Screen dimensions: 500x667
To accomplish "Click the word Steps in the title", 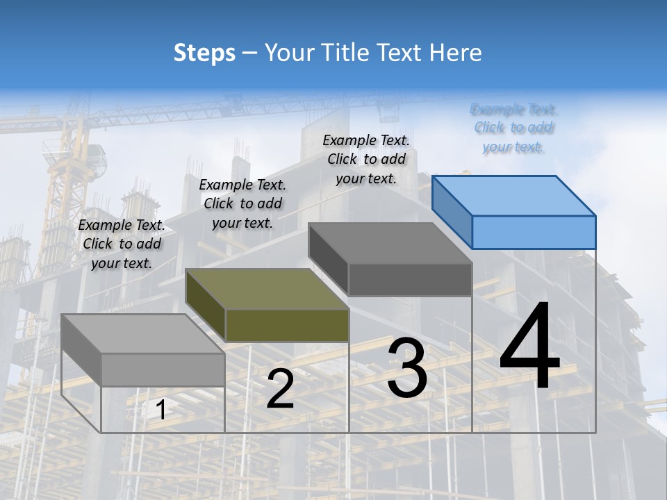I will pos(204,53).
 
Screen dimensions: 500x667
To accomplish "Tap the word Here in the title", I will pos(455,53).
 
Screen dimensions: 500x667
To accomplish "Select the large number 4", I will pos(529,349).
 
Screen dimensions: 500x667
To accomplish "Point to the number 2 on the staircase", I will pos(280,389).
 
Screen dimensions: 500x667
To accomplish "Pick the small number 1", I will pos(160,410).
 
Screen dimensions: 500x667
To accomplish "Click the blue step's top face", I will pos(514,196).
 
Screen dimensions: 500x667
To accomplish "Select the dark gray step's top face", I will pos(390,243).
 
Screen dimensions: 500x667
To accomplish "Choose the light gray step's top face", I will pos(143,334).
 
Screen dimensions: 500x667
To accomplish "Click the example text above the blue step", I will pos(513,128).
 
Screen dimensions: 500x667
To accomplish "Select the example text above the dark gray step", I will pos(367,159).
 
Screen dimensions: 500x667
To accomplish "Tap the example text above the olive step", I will pos(242,203).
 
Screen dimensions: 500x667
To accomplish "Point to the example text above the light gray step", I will pos(122,244).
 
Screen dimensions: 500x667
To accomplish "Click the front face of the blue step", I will pos(534,232).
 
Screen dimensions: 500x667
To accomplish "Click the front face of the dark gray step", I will pos(410,280).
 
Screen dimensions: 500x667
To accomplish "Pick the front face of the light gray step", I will pos(163,369).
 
